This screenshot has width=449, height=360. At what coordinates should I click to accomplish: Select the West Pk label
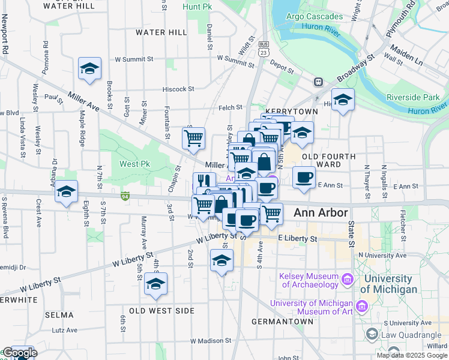[134, 164]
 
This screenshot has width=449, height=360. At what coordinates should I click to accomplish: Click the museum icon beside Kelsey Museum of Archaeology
[346, 279]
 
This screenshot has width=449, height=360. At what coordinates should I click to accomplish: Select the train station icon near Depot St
[318, 82]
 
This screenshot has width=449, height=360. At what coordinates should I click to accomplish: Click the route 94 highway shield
[125, 196]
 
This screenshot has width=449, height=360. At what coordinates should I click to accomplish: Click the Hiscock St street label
[179, 89]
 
